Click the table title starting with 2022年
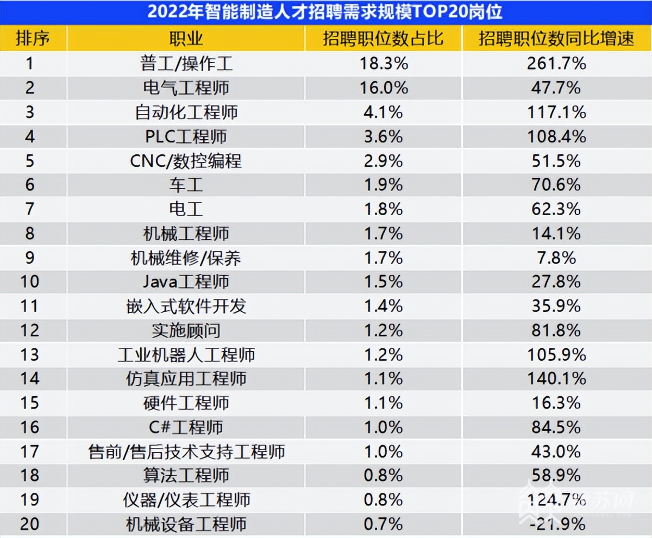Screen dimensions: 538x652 tap(325, 12)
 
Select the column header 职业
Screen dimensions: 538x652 tap(186, 39)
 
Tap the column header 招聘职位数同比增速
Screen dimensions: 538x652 tap(556, 39)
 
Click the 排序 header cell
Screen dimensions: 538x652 tap(33, 39)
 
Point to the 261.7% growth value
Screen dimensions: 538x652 tap(556, 64)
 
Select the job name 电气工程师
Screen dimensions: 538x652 tap(186, 87)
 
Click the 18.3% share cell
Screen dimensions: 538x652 tap(384, 64)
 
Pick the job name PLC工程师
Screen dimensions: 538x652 tap(186, 136)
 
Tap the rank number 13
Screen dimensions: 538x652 tap(29, 354)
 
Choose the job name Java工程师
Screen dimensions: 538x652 tap(186, 281)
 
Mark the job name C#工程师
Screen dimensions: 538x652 tap(186, 427)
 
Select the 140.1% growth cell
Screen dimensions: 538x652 tap(556, 378)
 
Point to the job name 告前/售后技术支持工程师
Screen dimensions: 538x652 tap(186, 452)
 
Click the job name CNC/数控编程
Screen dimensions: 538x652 tap(186, 161)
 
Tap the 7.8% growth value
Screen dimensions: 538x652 tap(556, 258)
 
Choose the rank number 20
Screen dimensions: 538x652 tap(29, 524)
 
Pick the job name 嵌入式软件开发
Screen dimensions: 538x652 tap(186, 306)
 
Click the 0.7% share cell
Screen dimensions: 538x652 tap(384, 524)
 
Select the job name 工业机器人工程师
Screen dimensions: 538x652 tap(186, 355)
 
